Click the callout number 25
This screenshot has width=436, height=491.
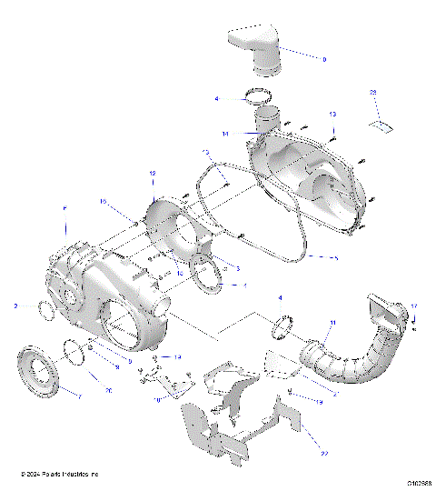(372, 94)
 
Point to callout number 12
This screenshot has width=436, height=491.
(153, 173)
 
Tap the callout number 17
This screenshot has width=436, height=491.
(414, 306)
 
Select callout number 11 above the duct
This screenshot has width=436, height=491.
(332, 323)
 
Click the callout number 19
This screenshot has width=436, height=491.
(320, 400)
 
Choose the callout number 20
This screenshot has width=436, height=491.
(108, 390)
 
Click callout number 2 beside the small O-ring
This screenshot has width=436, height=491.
(16, 306)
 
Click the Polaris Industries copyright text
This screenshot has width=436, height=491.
(60, 474)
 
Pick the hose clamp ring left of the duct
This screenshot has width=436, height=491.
(284, 325)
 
